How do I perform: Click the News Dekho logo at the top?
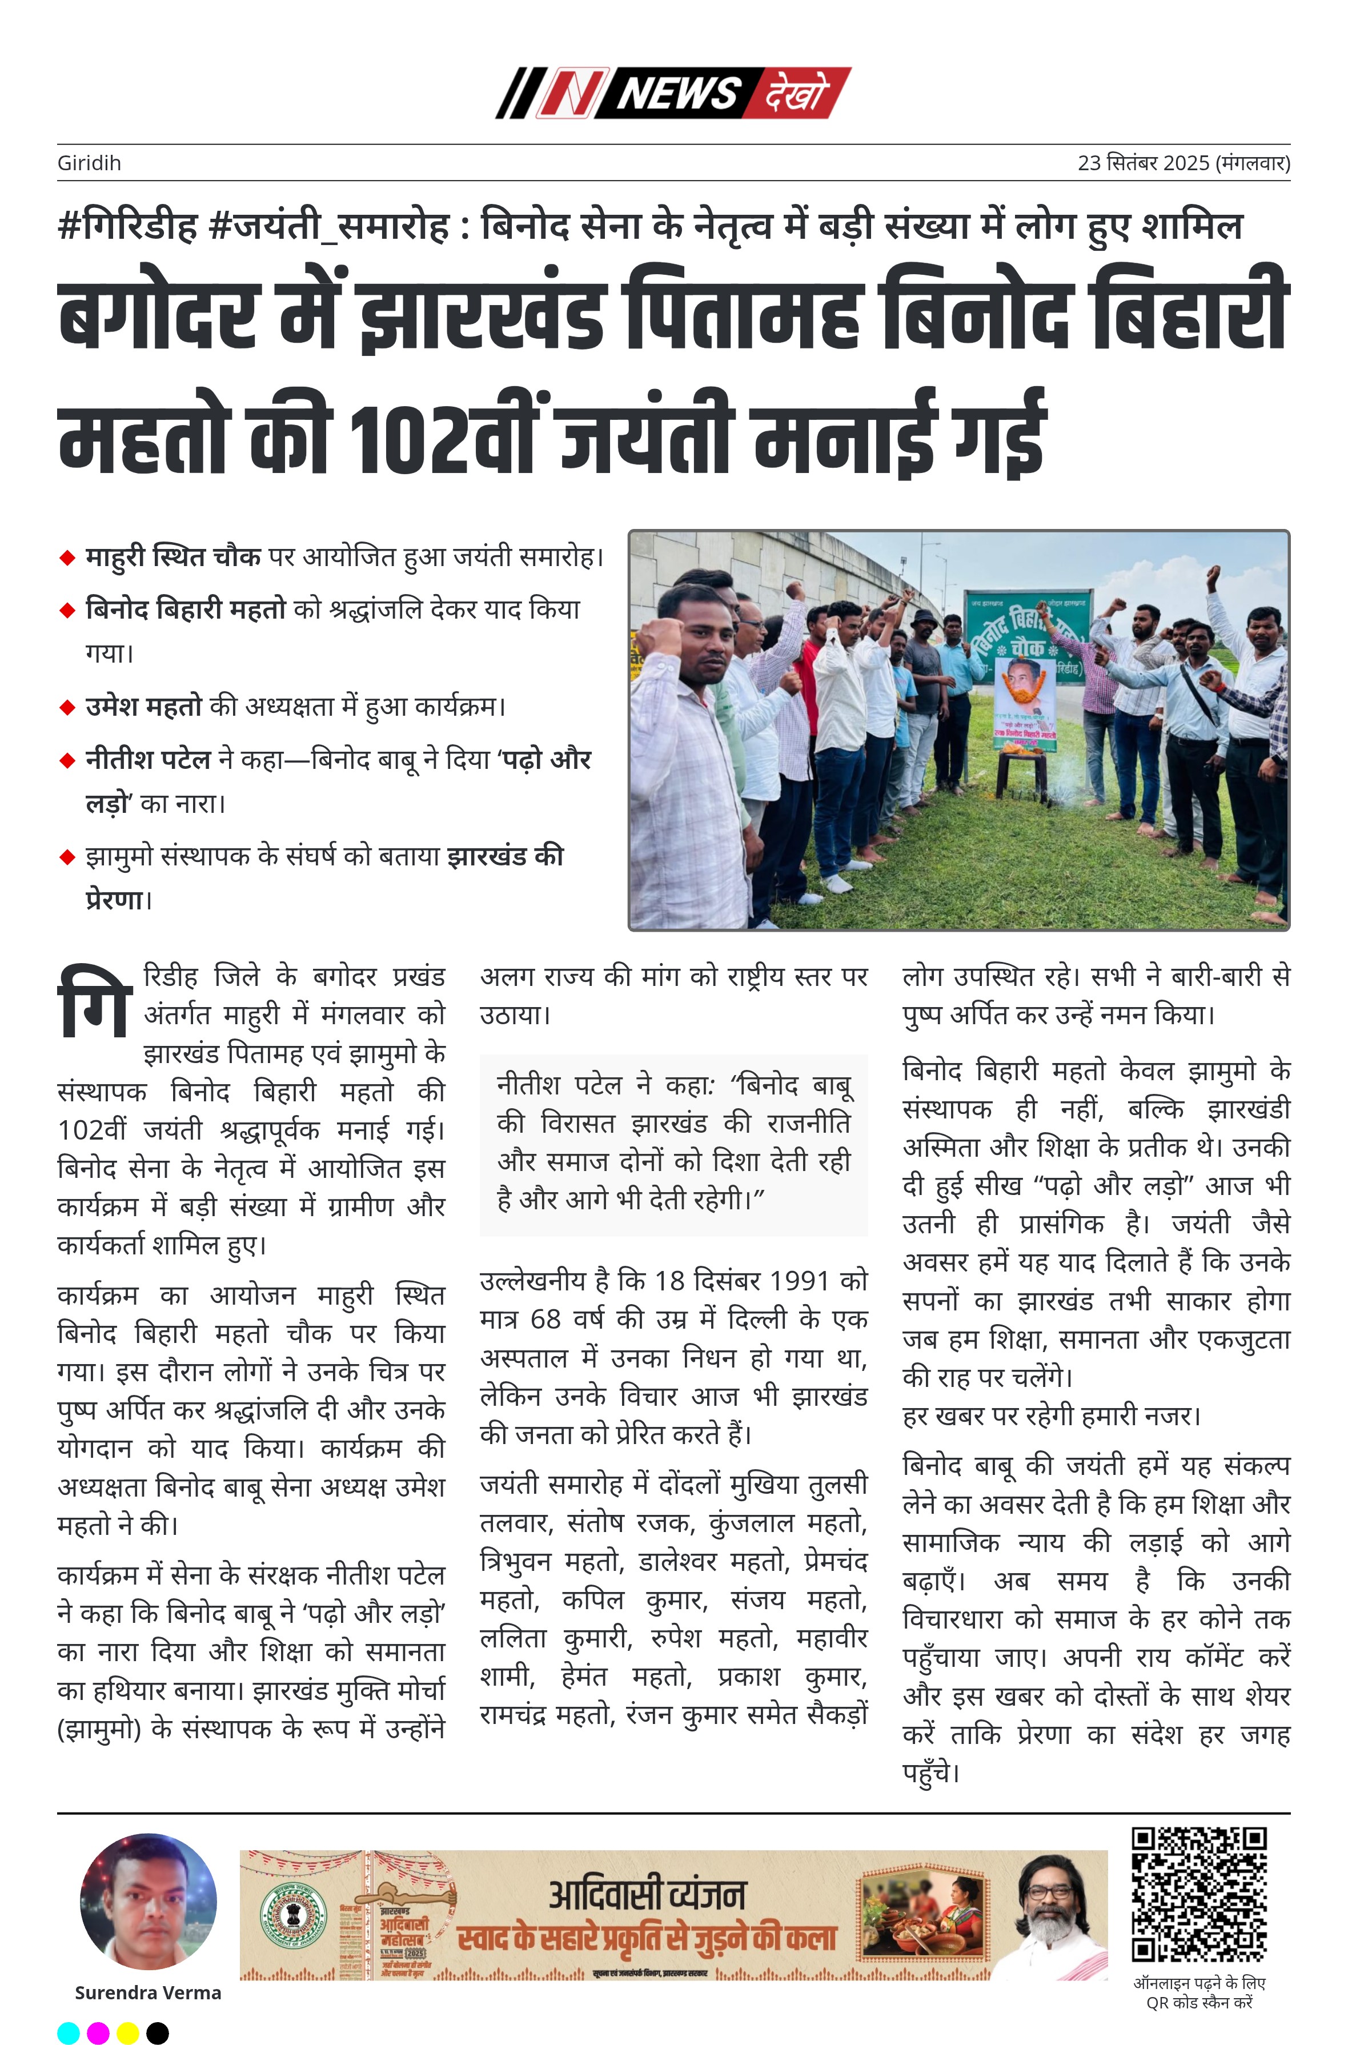673,93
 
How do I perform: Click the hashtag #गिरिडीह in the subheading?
127,226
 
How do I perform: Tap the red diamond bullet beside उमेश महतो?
67,707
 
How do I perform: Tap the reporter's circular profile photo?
148,1902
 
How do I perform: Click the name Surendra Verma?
148,1992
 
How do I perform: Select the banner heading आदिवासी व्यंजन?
647,1895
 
